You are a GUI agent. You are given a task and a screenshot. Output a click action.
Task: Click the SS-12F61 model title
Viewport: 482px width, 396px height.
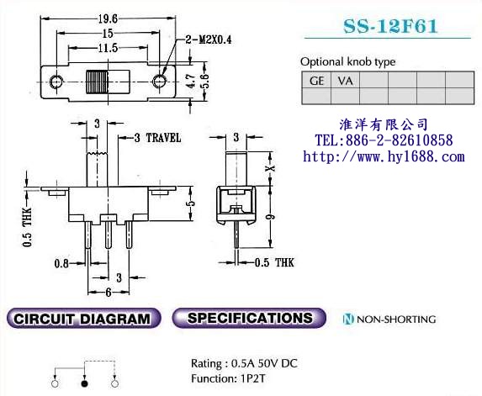[x=390, y=26]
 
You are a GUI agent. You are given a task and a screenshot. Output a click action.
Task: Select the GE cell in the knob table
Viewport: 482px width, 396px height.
[x=316, y=81]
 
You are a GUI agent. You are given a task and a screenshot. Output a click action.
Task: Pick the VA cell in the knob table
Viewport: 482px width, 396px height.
[x=345, y=81]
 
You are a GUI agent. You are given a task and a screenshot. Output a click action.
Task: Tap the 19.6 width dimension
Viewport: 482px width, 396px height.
[x=108, y=19]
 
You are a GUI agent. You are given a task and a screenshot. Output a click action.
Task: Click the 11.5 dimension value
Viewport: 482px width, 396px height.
[x=108, y=48]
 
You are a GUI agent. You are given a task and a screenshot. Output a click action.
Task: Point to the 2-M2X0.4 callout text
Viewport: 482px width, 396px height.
[x=209, y=40]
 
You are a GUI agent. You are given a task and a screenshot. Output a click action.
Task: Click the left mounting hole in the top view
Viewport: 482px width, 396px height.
[x=56, y=82]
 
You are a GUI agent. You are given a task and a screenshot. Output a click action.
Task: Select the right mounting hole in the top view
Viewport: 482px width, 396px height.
[x=159, y=82]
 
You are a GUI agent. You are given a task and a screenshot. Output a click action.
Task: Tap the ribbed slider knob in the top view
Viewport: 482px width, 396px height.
[x=97, y=82]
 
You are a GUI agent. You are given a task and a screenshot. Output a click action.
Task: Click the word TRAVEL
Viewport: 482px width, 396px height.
[x=163, y=138]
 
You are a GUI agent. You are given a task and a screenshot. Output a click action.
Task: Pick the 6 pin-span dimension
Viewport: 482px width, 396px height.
[x=109, y=292]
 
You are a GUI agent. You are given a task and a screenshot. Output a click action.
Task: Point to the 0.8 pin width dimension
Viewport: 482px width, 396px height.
[x=61, y=263]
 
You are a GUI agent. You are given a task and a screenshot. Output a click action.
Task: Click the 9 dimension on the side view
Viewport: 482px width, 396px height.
[x=270, y=217]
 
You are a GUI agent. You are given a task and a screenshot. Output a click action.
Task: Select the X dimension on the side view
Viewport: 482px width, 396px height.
[x=270, y=168]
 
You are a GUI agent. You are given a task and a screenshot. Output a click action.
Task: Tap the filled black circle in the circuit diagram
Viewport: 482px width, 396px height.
[x=84, y=383]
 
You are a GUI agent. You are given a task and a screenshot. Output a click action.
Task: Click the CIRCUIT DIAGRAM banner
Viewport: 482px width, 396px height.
[x=83, y=319]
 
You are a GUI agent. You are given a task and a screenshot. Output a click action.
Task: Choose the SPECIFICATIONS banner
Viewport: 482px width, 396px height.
[x=249, y=318]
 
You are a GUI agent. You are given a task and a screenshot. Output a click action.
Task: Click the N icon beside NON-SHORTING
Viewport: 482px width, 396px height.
[x=348, y=319]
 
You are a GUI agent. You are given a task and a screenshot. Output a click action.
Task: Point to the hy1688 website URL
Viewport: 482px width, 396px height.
[x=384, y=156]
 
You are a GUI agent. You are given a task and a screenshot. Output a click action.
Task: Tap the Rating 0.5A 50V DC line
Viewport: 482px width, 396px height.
[x=244, y=363]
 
